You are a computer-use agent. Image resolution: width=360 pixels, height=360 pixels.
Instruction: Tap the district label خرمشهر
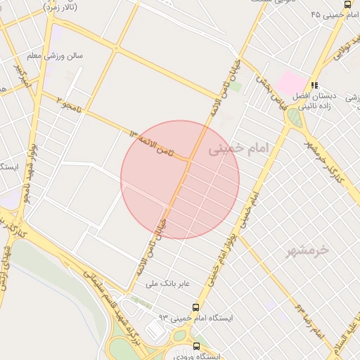(x=309, y=250)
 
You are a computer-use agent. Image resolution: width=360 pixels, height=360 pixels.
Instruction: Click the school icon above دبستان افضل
(x=314, y=84)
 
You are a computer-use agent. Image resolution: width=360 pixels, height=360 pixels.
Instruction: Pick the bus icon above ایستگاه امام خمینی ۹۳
(x=195, y=307)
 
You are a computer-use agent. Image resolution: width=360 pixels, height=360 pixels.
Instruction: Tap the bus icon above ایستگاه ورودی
(x=196, y=346)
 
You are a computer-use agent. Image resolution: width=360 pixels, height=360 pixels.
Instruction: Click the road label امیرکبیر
(x=25, y=78)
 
